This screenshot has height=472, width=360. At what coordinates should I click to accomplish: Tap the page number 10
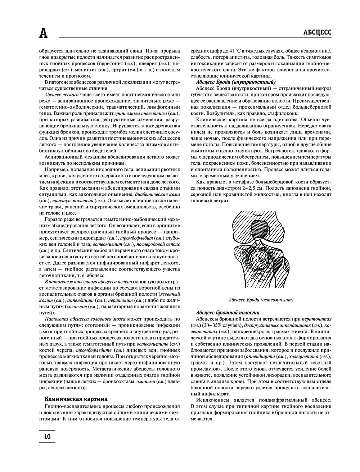point(47,437)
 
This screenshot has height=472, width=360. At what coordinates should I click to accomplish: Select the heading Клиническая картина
point(76,399)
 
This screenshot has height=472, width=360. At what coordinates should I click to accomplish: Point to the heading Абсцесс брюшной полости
point(228,312)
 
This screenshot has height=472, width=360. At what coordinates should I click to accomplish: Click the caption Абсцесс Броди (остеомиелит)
point(261,299)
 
